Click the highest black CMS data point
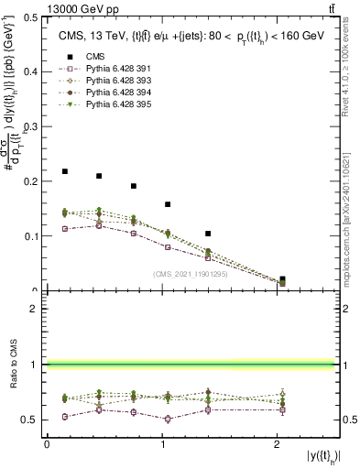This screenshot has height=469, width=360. tap(65, 171)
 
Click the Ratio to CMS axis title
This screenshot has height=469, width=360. tap(12, 365)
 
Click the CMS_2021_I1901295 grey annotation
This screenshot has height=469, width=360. tap(192, 274)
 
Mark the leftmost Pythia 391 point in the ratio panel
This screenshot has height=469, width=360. tap(65, 416)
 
